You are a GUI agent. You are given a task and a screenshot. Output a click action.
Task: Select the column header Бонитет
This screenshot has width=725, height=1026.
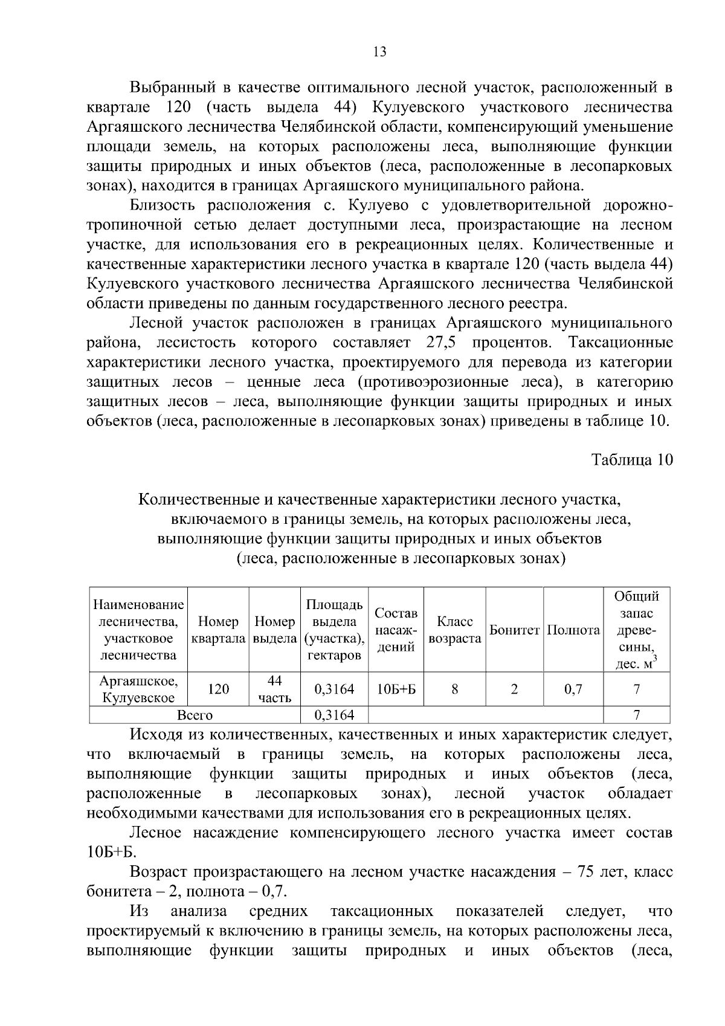click(514, 630)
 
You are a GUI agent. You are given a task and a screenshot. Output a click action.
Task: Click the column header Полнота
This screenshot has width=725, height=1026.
click(573, 630)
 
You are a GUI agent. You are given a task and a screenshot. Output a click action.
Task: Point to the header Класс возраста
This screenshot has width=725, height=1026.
click(454, 630)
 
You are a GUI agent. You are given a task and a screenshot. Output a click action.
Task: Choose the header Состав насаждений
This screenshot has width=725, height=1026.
click(396, 630)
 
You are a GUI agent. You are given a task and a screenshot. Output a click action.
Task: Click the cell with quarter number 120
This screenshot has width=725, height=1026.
click(218, 689)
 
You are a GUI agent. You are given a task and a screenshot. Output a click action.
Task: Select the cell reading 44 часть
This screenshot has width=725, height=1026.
click(275, 689)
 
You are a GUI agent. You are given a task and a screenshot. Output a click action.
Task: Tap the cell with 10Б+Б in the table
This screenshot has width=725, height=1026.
click(396, 689)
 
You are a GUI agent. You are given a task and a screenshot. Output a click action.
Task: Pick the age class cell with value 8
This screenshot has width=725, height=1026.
click(454, 689)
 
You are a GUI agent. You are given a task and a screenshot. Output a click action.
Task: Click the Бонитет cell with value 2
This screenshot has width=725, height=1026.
click(514, 689)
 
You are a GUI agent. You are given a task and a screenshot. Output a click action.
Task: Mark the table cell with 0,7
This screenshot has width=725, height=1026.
click(573, 689)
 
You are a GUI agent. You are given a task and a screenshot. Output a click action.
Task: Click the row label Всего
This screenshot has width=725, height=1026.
click(195, 715)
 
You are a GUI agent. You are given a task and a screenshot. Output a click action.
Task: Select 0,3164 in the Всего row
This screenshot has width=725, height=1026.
click(334, 715)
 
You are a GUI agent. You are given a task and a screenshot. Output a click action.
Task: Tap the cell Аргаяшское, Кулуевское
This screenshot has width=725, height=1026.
click(138, 689)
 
